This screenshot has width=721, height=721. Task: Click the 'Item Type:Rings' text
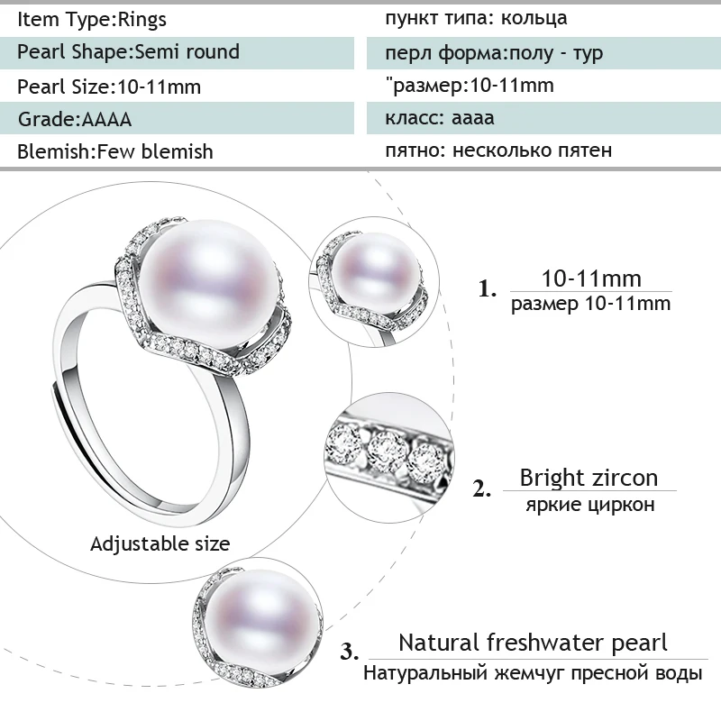tap(92, 19)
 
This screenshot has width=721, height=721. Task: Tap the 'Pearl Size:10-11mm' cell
tap(109, 87)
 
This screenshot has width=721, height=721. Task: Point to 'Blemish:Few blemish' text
tap(115, 151)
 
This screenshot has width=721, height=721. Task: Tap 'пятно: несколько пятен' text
tap(498, 151)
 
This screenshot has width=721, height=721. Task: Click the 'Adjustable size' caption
tap(160, 543)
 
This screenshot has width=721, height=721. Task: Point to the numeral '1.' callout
tap(488, 289)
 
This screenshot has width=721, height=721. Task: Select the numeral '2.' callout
tap(482, 489)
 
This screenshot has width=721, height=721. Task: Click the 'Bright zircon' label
tap(589, 477)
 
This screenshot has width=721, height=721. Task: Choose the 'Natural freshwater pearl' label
tap(534, 643)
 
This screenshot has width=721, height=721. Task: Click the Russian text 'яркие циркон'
tap(589, 505)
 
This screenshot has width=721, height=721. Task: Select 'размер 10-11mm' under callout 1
tap(590, 304)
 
